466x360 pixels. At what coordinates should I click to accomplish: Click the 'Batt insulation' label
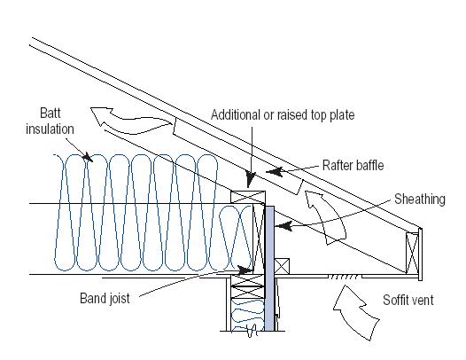point(50,121)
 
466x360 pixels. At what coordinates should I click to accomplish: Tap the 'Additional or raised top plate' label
point(283,115)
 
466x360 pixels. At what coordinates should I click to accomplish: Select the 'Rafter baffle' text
point(353,166)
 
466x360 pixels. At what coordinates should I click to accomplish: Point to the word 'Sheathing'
point(420,199)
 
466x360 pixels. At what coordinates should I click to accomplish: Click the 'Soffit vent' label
point(408,300)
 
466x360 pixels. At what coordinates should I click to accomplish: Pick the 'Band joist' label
point(105,298)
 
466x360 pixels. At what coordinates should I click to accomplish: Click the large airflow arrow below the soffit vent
point(356,312)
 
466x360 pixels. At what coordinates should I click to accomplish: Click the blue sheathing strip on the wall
point(269,269)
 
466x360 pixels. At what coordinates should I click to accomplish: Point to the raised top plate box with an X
point(248,197)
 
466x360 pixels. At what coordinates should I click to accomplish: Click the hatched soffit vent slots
point(345,277)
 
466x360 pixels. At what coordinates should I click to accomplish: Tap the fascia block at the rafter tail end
point(412,254)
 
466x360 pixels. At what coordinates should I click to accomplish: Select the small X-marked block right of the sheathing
point(282,266)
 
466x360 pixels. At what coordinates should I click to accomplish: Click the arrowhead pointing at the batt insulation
point(88,157)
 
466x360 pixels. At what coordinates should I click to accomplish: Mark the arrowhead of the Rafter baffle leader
point(274,172)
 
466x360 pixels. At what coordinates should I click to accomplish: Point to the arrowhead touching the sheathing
point(283,226)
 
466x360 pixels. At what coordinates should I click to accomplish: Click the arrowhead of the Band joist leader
point(245,270)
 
